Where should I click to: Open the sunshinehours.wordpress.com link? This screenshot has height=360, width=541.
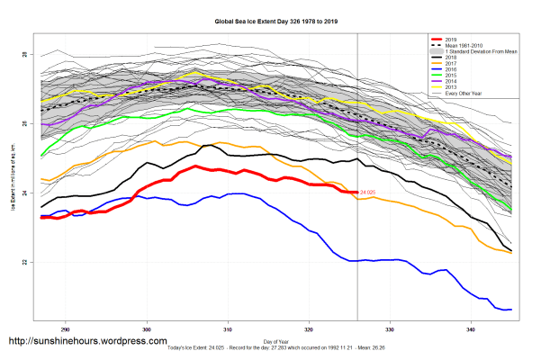tap(87, 342)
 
